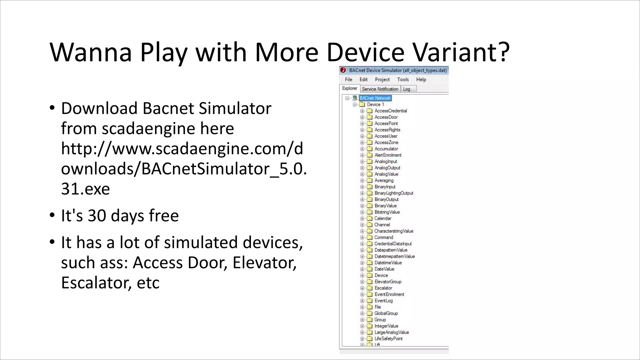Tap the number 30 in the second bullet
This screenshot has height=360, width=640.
pyautogui.click(x=97, y=216)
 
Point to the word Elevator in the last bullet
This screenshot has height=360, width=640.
pyautogui.click(x=264, y=262)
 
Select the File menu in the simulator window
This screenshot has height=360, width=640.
pyautogui.click(x=348, y=79)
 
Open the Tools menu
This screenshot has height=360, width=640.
pyautogui.click(x=403, y=79)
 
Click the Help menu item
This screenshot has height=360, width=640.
pyautogui.click(x=421, y=79)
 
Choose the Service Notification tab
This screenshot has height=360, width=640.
pyautogui.click(x=380, y=89)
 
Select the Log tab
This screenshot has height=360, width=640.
pyautogui.click(x=407, y=89)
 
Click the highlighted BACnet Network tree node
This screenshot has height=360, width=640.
pyautogui.click(x=375, y=98)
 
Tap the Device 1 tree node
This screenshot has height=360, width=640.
pyautogui.click(x=375, y=104)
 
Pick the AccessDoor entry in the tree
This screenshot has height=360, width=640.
pyautogui.click(x=386, y=117)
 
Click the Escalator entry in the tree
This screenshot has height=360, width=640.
pyautogui.click(x=383, y=288)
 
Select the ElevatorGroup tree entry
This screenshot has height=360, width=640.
pyautogui.click(x=388, y=282)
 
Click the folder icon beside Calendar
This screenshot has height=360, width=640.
pyautogui.click(x=370, y=218)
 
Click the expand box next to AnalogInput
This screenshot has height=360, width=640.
pyautogui.click(x=362, y=162)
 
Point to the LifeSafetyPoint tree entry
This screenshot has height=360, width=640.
pyautogui.click(x=388, y=339)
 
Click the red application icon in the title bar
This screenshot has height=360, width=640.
pyautogui.click(x=343, y=70)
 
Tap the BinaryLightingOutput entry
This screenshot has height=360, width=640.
pyautogui.click(x=394, y=193)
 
